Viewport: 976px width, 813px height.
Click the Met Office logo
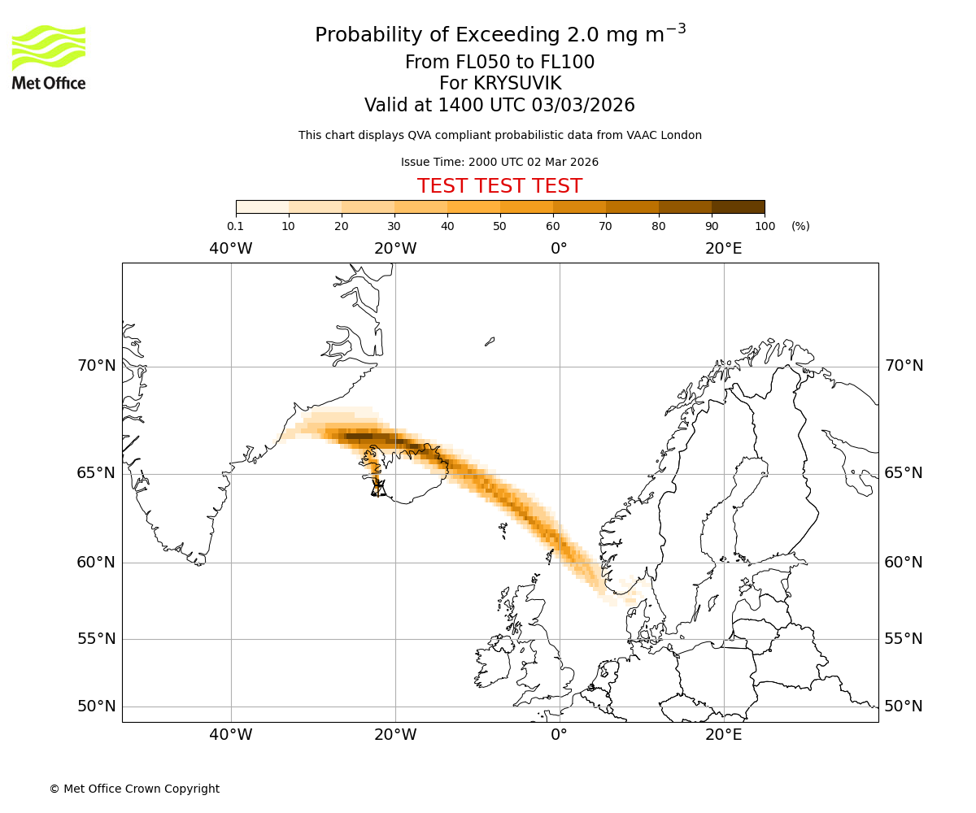49,57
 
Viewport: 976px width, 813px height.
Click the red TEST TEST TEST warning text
499,186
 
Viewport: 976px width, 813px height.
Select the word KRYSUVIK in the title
500,84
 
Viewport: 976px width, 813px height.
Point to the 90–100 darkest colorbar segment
738,207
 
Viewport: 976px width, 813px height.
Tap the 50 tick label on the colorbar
499,226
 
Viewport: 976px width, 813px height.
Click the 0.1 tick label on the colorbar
235,226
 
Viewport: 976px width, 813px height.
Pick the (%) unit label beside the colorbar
800,226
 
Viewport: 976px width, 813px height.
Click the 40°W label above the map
231,249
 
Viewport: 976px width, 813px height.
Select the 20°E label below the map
724,735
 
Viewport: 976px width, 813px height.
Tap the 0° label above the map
559,249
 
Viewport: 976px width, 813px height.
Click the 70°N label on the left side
97,366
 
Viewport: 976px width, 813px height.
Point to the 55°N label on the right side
904,639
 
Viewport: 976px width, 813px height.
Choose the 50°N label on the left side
97,706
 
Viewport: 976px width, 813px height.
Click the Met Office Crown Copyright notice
134,789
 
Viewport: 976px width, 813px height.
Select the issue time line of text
499,162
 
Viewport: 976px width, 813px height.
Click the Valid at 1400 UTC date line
499,105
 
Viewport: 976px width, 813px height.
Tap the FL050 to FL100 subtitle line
499,63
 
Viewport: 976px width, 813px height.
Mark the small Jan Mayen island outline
490,341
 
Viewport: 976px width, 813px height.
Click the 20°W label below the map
395,735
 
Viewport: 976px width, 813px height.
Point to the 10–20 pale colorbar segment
315,207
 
